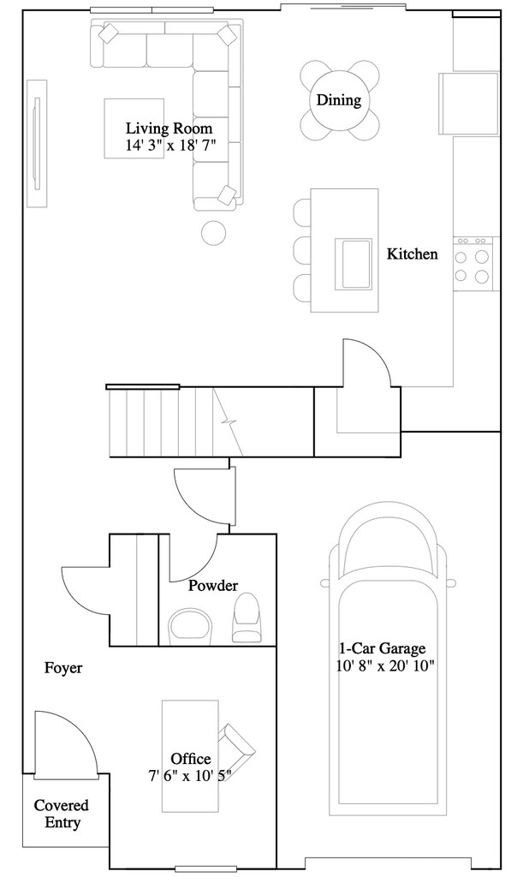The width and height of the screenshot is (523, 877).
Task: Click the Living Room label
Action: pos(169,128)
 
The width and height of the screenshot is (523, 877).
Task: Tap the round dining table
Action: pos(339,100)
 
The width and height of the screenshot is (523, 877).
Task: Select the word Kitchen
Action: pos(413,254)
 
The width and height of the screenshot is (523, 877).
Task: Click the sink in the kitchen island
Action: pos(354,265)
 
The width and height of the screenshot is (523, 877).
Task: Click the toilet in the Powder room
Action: pos(247,617)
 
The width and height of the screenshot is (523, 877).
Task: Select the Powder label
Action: pos(213,586)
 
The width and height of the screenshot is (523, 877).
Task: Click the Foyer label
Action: pos(63,668)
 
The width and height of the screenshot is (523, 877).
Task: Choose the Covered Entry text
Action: pos(62,814)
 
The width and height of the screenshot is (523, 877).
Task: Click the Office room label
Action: pos(191,759)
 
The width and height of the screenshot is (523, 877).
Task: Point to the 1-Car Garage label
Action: pos(382,648)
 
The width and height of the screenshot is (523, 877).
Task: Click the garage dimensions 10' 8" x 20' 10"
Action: pos(385,666)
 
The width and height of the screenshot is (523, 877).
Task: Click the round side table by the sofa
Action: pos(213,233)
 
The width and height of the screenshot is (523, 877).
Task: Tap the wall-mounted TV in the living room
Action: pos(37,144)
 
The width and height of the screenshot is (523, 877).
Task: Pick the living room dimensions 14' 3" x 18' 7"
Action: pos(170,146)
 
